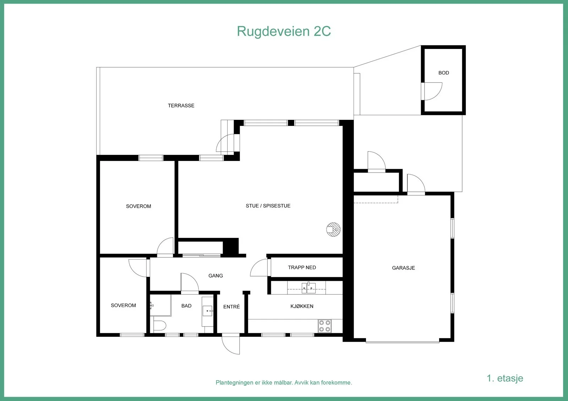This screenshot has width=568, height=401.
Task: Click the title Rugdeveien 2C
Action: [284, 32]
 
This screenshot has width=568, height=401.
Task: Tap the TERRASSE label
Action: [181, 106]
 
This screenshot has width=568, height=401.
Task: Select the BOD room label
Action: [444, 73]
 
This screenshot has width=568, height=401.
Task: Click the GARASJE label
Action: [403, 268]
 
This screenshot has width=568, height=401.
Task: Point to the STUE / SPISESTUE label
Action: [268, 206]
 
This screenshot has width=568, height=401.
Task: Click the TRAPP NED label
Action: [302, 267]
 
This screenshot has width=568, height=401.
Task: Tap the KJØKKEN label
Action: [302, 306]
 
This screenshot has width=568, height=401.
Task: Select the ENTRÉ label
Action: [231, 307]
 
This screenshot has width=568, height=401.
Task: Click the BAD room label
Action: [186, 306]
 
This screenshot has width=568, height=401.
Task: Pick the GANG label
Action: [215, 276]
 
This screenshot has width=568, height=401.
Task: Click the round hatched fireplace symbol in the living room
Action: [333, 229]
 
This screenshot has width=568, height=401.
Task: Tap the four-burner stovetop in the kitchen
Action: [325, 326]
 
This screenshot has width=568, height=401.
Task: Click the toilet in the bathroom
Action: [159, 325]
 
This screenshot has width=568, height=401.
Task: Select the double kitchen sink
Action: [308, 288]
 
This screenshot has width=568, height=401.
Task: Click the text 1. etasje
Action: [505, 378]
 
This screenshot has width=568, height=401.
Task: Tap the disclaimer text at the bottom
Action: [284, 383]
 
